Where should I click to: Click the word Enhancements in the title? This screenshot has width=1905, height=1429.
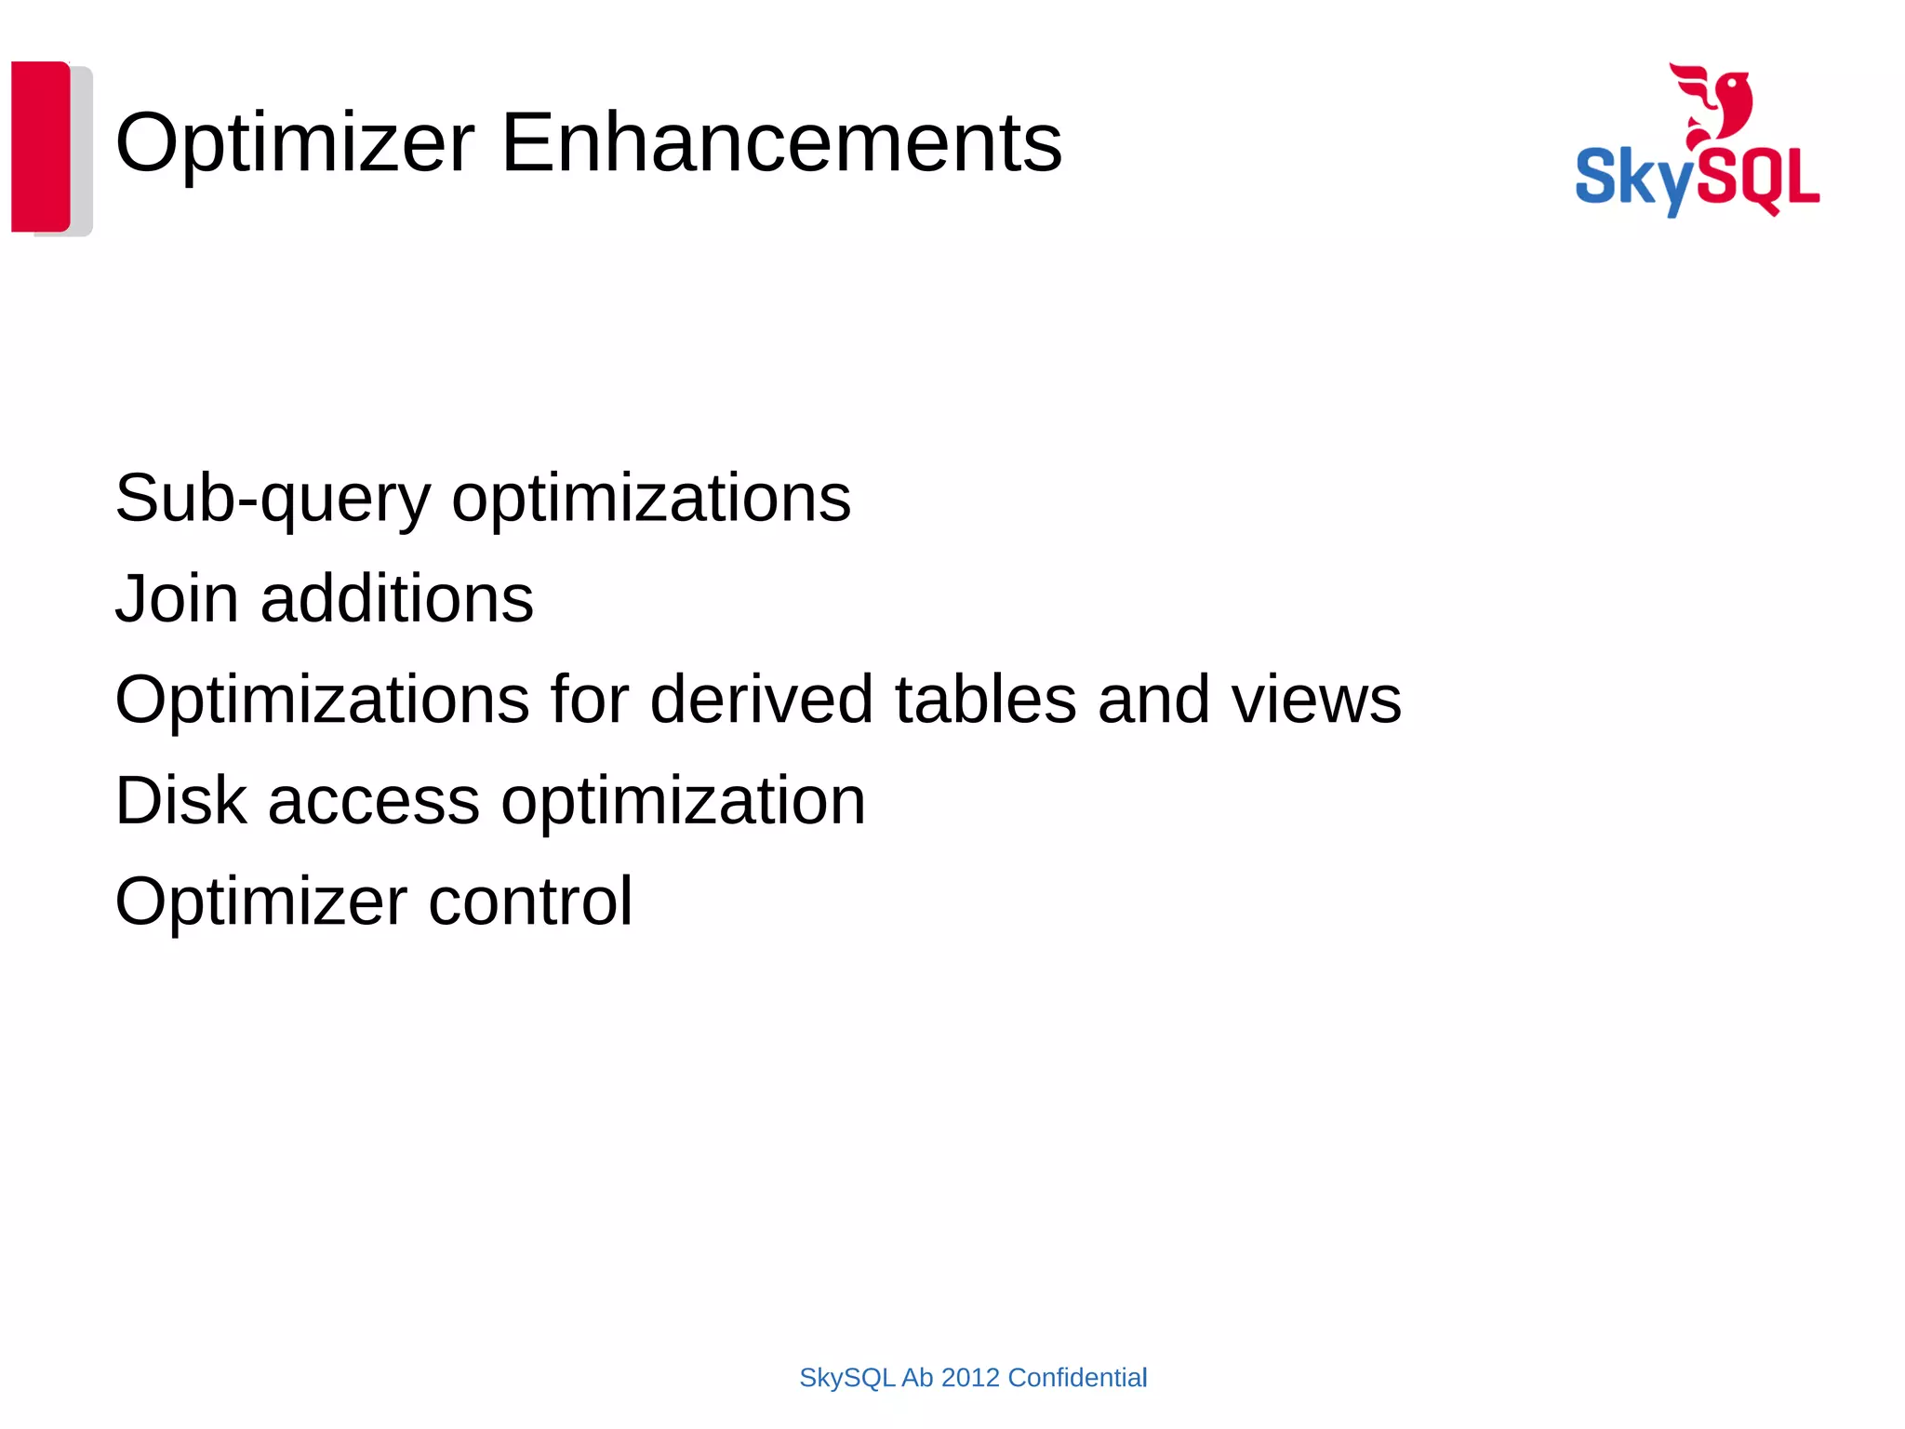pyautogui.click(x=781, y=143)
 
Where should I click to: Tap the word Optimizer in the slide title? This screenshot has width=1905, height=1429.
pyautogui.click(x=295, y=143)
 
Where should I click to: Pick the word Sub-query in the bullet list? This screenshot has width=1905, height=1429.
pyautogui.click(x=273, y=499)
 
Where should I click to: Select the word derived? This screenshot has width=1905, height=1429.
pyautogui.click(x=761, y=700)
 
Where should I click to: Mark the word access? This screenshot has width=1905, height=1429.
pyautogui.click(x=374, y=802)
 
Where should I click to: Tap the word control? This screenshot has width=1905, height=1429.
pyautogui.click(x=530, y=901)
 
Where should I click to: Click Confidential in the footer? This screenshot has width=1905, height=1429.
pyautogui.click(x=1077, y=1378)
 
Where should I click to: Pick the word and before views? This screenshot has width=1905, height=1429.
pyautogui.click(x=1153, y=700)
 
